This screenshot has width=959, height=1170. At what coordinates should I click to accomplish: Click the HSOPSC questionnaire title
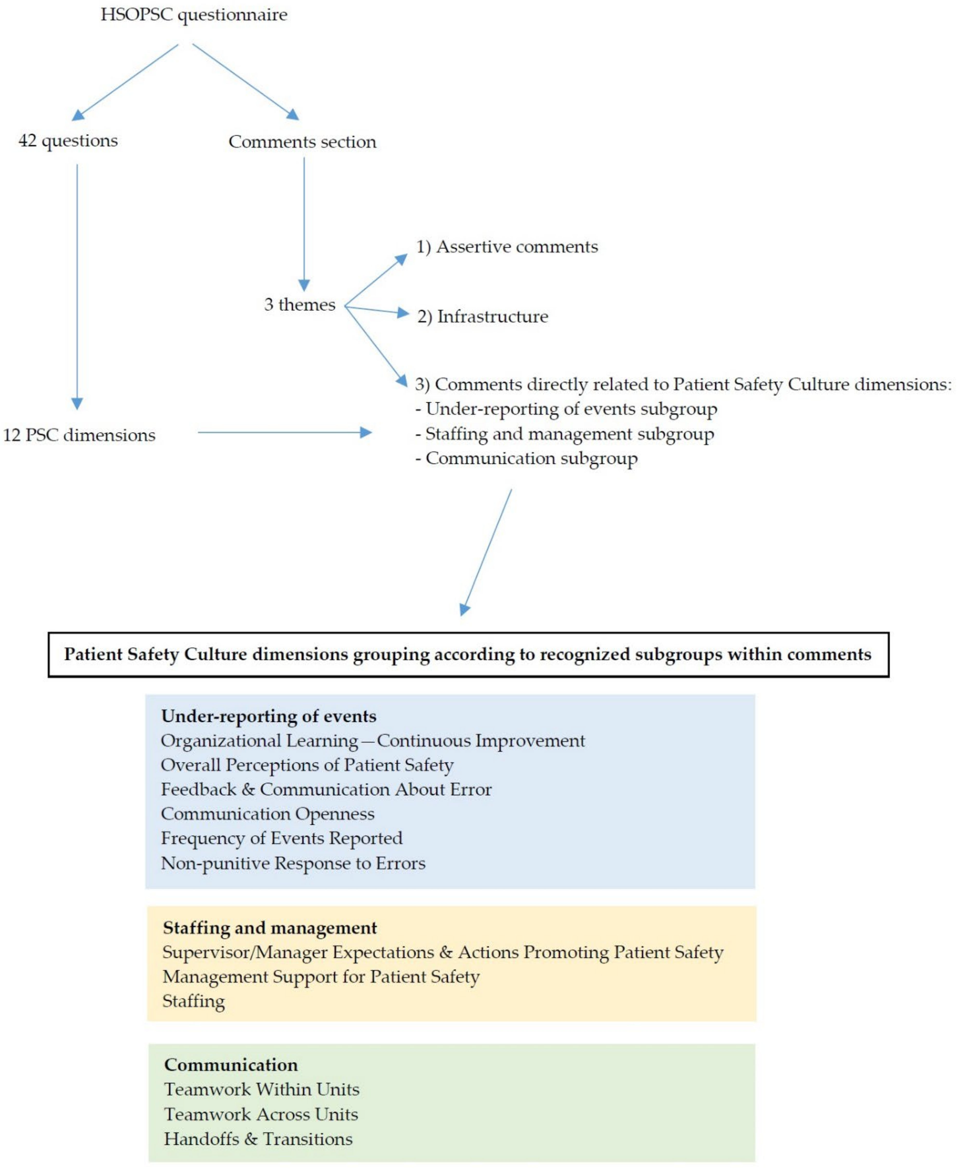click(x=194, y=15)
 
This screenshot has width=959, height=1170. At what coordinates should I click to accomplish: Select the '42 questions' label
click(x=68, y=141)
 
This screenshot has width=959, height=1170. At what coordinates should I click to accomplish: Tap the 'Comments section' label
click(x=302, y=142)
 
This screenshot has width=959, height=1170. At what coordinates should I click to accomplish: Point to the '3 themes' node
click(x=300, y=304)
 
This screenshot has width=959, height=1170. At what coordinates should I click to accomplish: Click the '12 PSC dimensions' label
click(x=79, y=435)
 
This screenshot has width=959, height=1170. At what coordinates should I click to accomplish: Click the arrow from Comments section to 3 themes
click(x=304, y=221)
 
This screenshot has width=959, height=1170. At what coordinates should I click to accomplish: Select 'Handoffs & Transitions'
click(x=258, y=1139)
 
